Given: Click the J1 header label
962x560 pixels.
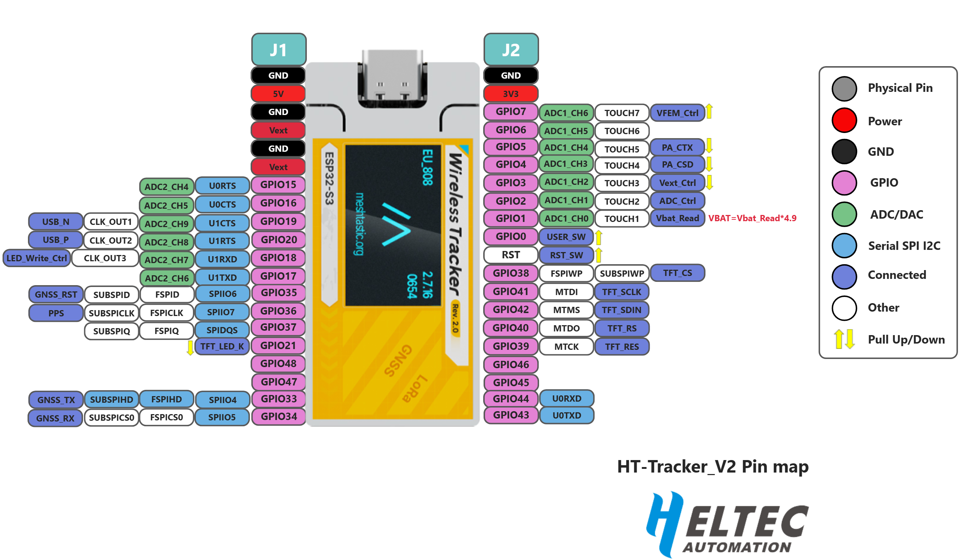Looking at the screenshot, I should tap(278, 50).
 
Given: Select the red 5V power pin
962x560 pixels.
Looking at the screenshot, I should tap(278, 94).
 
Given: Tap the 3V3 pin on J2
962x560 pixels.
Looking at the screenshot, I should tap(510, 94).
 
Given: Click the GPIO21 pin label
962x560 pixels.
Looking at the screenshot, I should tap(278, 345).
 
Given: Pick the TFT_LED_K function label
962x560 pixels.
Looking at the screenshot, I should tap(222, 347).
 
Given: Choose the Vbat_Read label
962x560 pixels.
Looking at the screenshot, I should tap(677, 218).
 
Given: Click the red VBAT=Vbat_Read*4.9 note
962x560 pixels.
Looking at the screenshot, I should tap(752, 218).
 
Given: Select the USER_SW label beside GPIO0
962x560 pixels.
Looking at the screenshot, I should tap(566, 237).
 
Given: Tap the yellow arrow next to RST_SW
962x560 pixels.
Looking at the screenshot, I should tap(599, 255).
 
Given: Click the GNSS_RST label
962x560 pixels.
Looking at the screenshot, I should tap(56, 295).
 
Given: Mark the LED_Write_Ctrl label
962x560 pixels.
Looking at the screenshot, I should tap(37, 258).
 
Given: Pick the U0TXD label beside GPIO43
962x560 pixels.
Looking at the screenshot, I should tap(567, 415).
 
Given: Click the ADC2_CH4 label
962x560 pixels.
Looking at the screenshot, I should tap(166, 187).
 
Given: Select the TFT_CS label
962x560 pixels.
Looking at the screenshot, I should tap(677, 273).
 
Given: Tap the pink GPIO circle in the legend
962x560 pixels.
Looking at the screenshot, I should tap(844, 183).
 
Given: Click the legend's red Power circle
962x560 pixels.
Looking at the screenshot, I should tap(844, 121).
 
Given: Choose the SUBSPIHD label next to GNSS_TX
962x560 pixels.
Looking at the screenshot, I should tap(111, 400).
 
